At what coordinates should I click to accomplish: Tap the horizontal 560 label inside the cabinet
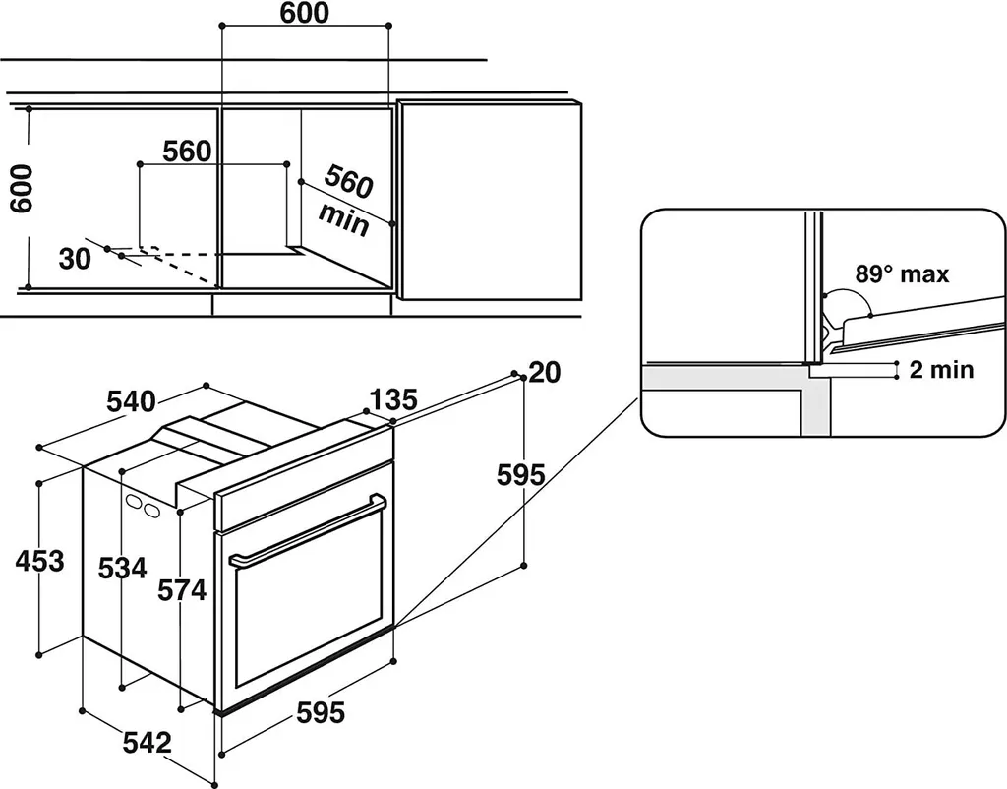[187, 151]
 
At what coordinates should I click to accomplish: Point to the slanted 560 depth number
[349, 183]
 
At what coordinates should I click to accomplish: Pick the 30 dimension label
[75, 259]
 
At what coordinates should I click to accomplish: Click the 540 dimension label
[131, 401]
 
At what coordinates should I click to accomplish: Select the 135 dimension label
[393, 399]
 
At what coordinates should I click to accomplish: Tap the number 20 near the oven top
[544, 372]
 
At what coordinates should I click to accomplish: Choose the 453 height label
[40, 561]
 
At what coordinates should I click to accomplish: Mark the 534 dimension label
[123, 568]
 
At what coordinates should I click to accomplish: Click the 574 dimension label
[183, 589]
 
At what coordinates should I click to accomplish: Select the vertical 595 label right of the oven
[521, 475]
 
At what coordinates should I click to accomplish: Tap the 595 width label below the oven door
[321, 713]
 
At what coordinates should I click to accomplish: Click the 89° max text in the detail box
[901, 274]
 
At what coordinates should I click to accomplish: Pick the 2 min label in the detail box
[941, 369]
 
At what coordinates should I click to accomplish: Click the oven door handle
[307, 531]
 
